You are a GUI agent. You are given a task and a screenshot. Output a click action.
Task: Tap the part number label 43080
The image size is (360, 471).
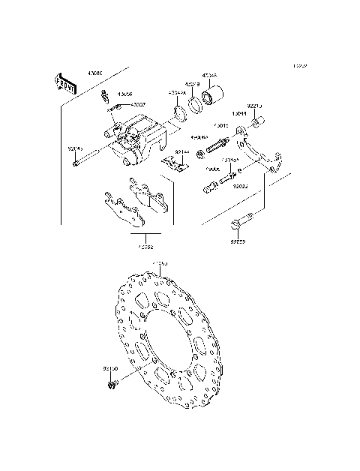click(95, 73)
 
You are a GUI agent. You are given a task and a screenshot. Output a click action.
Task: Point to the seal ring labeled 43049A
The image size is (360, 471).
click(181, 114)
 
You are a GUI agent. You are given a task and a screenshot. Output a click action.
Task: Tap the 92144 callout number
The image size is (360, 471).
click(182, 152)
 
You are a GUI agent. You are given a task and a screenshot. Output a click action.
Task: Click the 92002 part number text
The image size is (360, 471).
click(238, 242)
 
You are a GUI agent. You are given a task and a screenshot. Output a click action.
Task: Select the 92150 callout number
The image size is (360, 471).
click(110, 369)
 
